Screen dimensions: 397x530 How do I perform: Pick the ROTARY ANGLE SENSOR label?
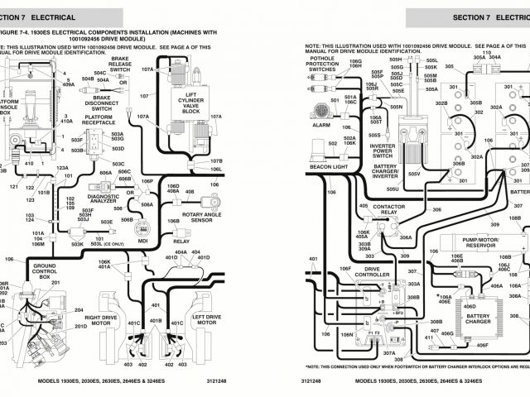185,218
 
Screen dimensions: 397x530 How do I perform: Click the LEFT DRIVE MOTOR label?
206,318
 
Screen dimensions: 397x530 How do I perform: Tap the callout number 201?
55,282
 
